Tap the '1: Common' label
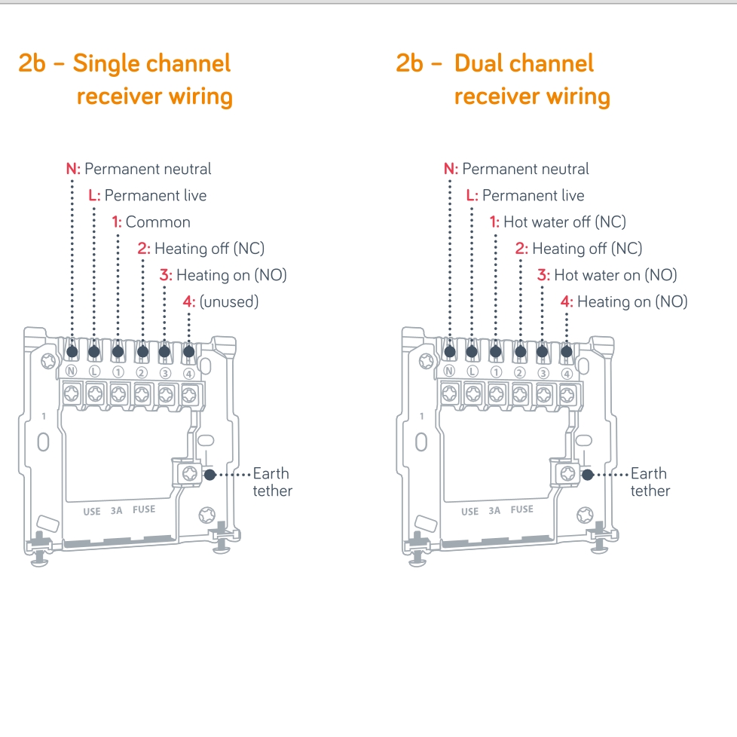tap(151, 222)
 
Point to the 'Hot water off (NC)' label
tap(558, 222)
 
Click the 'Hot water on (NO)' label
tap(607, 275)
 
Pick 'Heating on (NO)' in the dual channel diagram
tap(625, 302)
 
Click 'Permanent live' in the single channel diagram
tap(148, 196)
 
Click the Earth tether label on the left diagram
tap(271, 482)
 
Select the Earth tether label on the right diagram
tap(650, 482)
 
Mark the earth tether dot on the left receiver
tap(209, 475)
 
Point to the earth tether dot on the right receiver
tap(588, 475)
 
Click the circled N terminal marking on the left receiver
tap(72, 372)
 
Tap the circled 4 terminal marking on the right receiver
tap(567, 372)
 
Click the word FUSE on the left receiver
tap(144, 509)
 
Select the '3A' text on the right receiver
tap(494, 510)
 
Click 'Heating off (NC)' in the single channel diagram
tap(200, 249)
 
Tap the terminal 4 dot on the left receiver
tap(188, 351)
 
